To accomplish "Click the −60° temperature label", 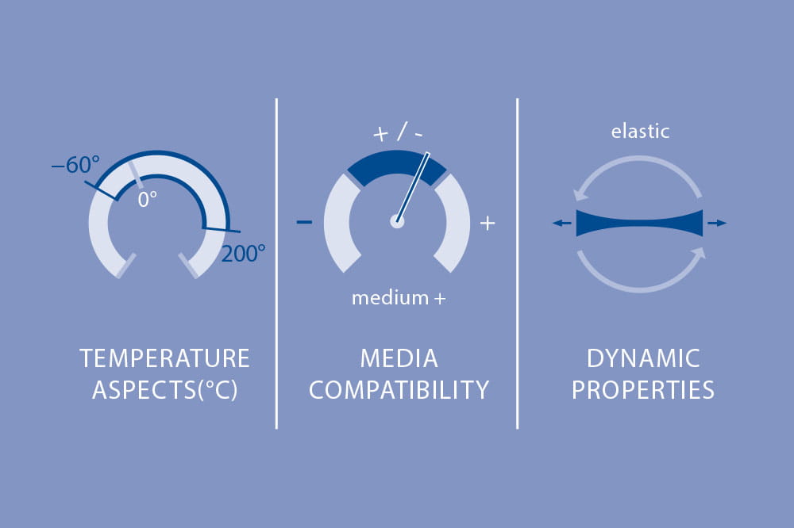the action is [75, 165].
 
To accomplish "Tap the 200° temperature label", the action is [243, 254].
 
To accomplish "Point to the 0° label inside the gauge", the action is [148, 199].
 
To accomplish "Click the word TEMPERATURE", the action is [164, 358].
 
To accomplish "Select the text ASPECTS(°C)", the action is [164, 390].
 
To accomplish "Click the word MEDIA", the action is [399, 358].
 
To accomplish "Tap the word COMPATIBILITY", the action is [399, 390].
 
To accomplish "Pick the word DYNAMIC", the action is [643, 358].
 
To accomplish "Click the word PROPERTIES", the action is [643, 390].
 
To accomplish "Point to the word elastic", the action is [640, 132].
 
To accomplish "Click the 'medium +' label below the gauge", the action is [399, 298].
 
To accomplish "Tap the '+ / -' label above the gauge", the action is [398, 132].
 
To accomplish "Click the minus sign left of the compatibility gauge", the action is [304, 222].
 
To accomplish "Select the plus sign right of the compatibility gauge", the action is [488, 223].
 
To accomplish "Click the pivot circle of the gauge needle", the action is [397, 221].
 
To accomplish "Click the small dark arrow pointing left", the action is [561, 223].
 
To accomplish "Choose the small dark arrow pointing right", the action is [717, 223].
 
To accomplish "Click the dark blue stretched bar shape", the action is [639, 223].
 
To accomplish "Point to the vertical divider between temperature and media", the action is [276, 263].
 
